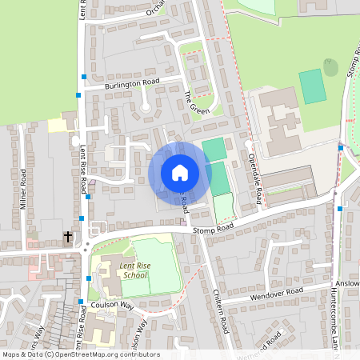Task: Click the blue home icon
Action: (x=179, y=173)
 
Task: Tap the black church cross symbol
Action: (x=68, y=237)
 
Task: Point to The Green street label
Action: (x=197, y=102)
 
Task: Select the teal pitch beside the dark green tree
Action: (x=313, y=86)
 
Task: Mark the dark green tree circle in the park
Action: (x=330, y=67)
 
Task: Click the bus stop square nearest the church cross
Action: (x=85, y=218)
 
